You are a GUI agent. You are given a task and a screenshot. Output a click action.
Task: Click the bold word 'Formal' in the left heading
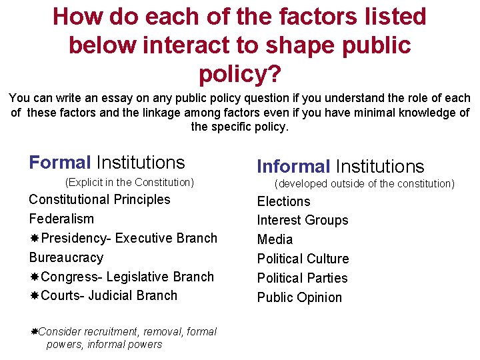[60, 162]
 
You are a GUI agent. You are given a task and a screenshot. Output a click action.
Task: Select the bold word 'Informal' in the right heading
[293, 166]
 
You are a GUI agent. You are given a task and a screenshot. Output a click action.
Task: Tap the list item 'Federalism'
[61, 219]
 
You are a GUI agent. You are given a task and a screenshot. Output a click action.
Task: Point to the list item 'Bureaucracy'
[66, 257]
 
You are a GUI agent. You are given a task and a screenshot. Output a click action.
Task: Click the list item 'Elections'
[283, 201]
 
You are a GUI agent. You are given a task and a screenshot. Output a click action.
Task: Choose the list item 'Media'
[275, 239]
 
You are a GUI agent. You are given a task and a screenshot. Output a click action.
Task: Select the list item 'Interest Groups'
[303, 220]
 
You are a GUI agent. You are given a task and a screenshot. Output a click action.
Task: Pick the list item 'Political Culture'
[303, 259]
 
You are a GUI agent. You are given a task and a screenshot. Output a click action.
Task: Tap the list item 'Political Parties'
[302, 278]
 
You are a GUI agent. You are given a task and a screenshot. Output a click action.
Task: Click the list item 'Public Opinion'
[299, 297]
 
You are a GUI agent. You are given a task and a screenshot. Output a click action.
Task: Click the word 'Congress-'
[71, 277]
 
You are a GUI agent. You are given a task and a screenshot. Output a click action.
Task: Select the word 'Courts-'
[65, 295]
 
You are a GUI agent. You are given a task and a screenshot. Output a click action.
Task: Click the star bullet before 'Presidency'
[34, 238]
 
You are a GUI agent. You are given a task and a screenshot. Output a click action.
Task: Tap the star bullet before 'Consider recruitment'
[34, 331]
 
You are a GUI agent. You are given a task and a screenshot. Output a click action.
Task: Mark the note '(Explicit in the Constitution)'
[129, 182]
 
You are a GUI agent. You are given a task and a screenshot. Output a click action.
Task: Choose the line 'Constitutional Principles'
[99, 199]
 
